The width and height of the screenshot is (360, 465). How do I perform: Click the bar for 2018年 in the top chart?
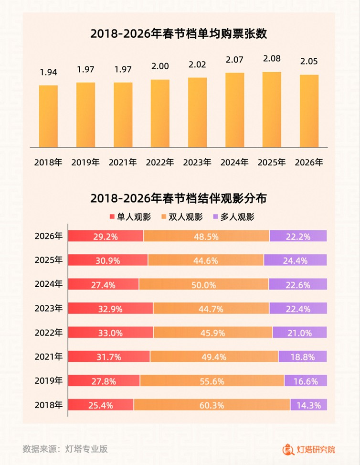pyautogui.click(x=48, y=116)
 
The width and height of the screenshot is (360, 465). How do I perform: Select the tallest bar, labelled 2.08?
pyautogui.click(x=272, y=109)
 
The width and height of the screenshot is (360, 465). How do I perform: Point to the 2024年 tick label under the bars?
pyautogui.click(x=234, y=162)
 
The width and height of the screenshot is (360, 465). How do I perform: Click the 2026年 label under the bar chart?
pyautogui.click(x=309, y=162)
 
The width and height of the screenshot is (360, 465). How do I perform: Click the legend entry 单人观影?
pyautogui.click(x=130, y=217)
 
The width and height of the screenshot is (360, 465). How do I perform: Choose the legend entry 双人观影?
pyautogui.click(x=182, y=217)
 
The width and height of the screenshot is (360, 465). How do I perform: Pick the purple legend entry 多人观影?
pyautogui.click(x=233, y=217)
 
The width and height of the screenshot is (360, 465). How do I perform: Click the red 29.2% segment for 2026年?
pyautogui.click(x=106, y=236)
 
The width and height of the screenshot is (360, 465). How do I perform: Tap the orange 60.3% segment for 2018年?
pyautogui.click(x=212, y=405)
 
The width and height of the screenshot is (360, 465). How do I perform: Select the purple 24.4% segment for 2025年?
pyautogui.click(x=295, y=260)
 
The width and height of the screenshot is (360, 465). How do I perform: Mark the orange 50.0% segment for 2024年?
pyautogui.click(x=204, y=284)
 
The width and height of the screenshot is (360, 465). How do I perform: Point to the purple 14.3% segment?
pyautogui.click(x=308, y=405)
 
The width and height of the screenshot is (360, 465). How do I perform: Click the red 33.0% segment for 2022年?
pyautogui.click(x=110, y=333)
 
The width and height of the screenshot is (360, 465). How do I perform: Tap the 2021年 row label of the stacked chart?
pyautogui.click(x=48, y=357)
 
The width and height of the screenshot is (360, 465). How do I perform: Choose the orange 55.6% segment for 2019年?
pyautogui.click(x=212, y=381)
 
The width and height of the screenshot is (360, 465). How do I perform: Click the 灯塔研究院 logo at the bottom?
pyautogui.click(x=309, y=449)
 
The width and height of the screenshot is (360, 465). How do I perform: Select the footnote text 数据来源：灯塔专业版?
pyautogui.click(x=65, y=449)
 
